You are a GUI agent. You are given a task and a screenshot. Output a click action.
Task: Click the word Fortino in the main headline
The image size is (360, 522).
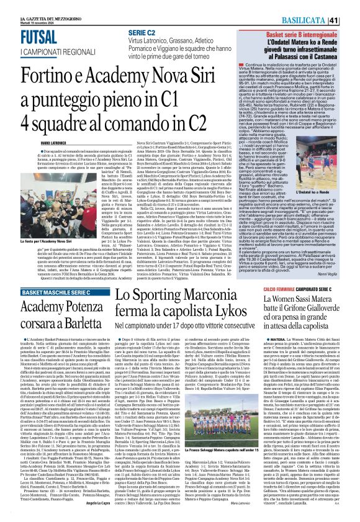click(50, 71)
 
